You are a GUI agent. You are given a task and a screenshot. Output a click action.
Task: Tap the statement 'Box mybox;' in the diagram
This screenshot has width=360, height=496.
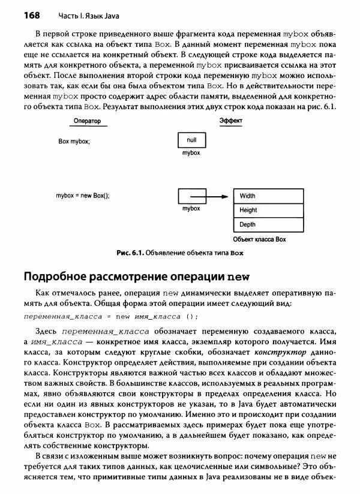point(74,141)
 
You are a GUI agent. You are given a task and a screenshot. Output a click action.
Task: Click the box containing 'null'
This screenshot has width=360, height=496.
point(191,141)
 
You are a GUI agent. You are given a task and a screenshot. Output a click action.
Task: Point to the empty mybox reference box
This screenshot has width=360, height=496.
point(191,196)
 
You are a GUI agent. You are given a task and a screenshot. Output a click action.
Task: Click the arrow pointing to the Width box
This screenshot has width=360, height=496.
point(217,196)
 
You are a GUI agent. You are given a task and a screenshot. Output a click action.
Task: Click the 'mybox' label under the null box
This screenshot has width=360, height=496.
point(191,154)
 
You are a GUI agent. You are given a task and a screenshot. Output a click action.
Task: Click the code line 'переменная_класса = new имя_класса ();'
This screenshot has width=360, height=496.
point(110,316)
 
